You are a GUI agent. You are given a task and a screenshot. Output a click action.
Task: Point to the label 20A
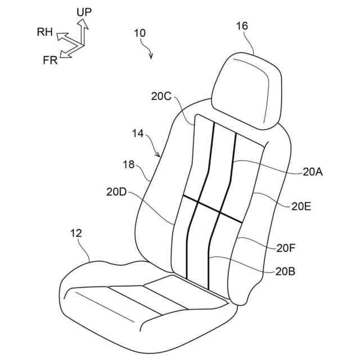click(x=312, y=173)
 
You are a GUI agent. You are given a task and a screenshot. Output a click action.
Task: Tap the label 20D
click(x=116, y=191)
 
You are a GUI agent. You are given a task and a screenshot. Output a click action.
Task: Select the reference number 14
click(x=138, y=134)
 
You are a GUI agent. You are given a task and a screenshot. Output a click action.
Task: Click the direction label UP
click(x=84, y=11)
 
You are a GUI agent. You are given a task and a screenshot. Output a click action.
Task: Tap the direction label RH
click(x=45, y=33)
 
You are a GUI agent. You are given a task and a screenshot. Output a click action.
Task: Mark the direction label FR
click(x=50, y=60)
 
